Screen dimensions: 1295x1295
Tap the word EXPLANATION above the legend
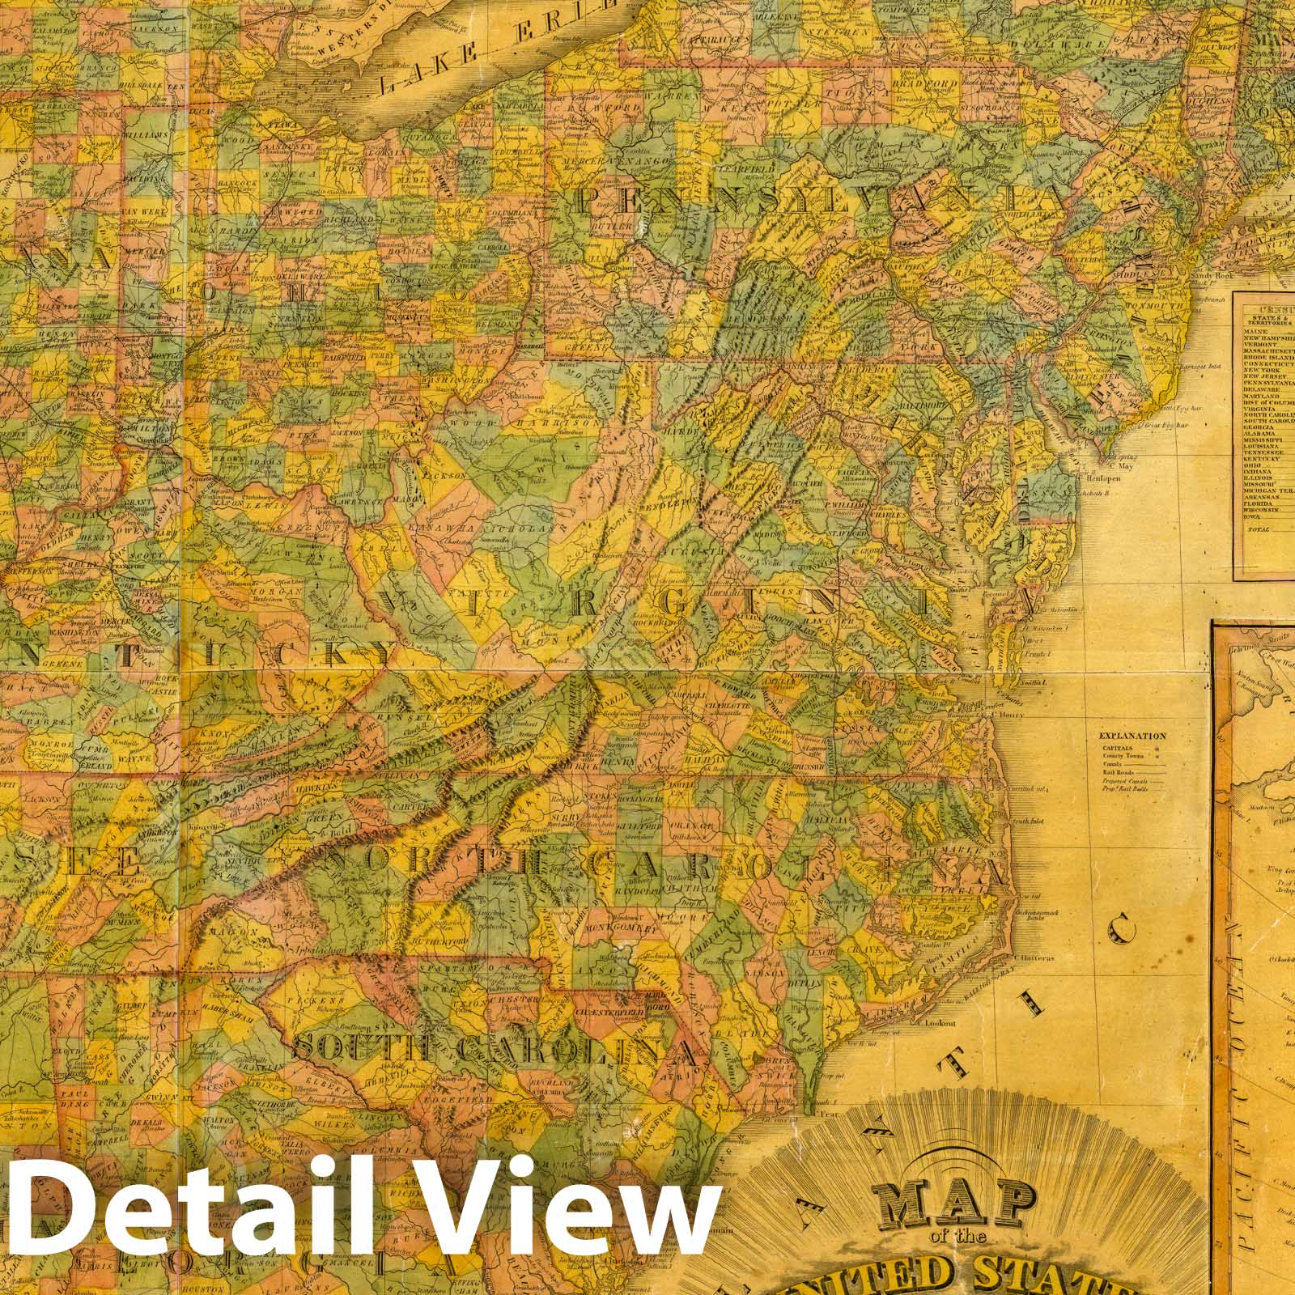point(1132,737)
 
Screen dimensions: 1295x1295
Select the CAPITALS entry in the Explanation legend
point(1118,749)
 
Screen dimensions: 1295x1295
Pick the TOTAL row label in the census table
point(1259,529)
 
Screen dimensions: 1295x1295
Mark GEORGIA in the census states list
point(1259,426)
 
